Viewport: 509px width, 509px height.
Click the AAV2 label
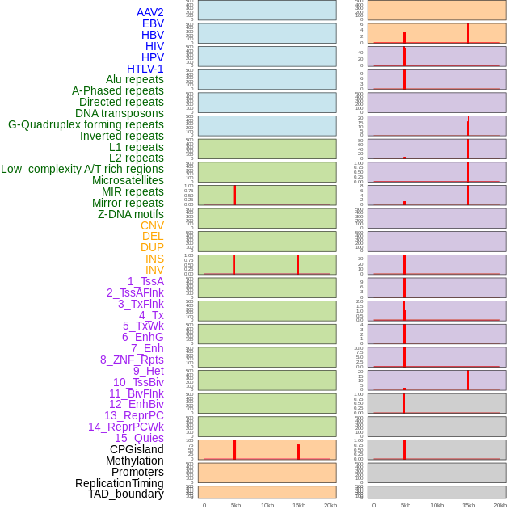point(149,12)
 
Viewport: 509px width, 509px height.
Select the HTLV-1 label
point(145,69)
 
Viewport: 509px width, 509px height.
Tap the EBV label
point(153,23)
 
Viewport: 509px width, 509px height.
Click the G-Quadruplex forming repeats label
point(86,124)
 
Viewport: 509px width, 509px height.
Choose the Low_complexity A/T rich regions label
point(82,169)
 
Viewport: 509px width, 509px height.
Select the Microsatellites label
point(128,180)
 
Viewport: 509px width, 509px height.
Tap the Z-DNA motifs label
point(130,214)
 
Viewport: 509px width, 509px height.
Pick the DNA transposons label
point(120,113)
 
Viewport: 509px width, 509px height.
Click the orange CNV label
point(152,225)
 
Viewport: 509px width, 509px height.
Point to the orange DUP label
point(152,247)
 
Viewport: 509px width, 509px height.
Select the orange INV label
point(154,270)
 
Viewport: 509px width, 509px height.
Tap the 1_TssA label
point(145,281)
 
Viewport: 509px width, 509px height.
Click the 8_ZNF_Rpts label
point(132,360)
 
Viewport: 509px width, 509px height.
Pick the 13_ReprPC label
point(133,415)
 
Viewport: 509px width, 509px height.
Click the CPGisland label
point(137,449)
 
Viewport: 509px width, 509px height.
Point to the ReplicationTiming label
point(119,483)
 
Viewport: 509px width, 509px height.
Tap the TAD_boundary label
point(125,494)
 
